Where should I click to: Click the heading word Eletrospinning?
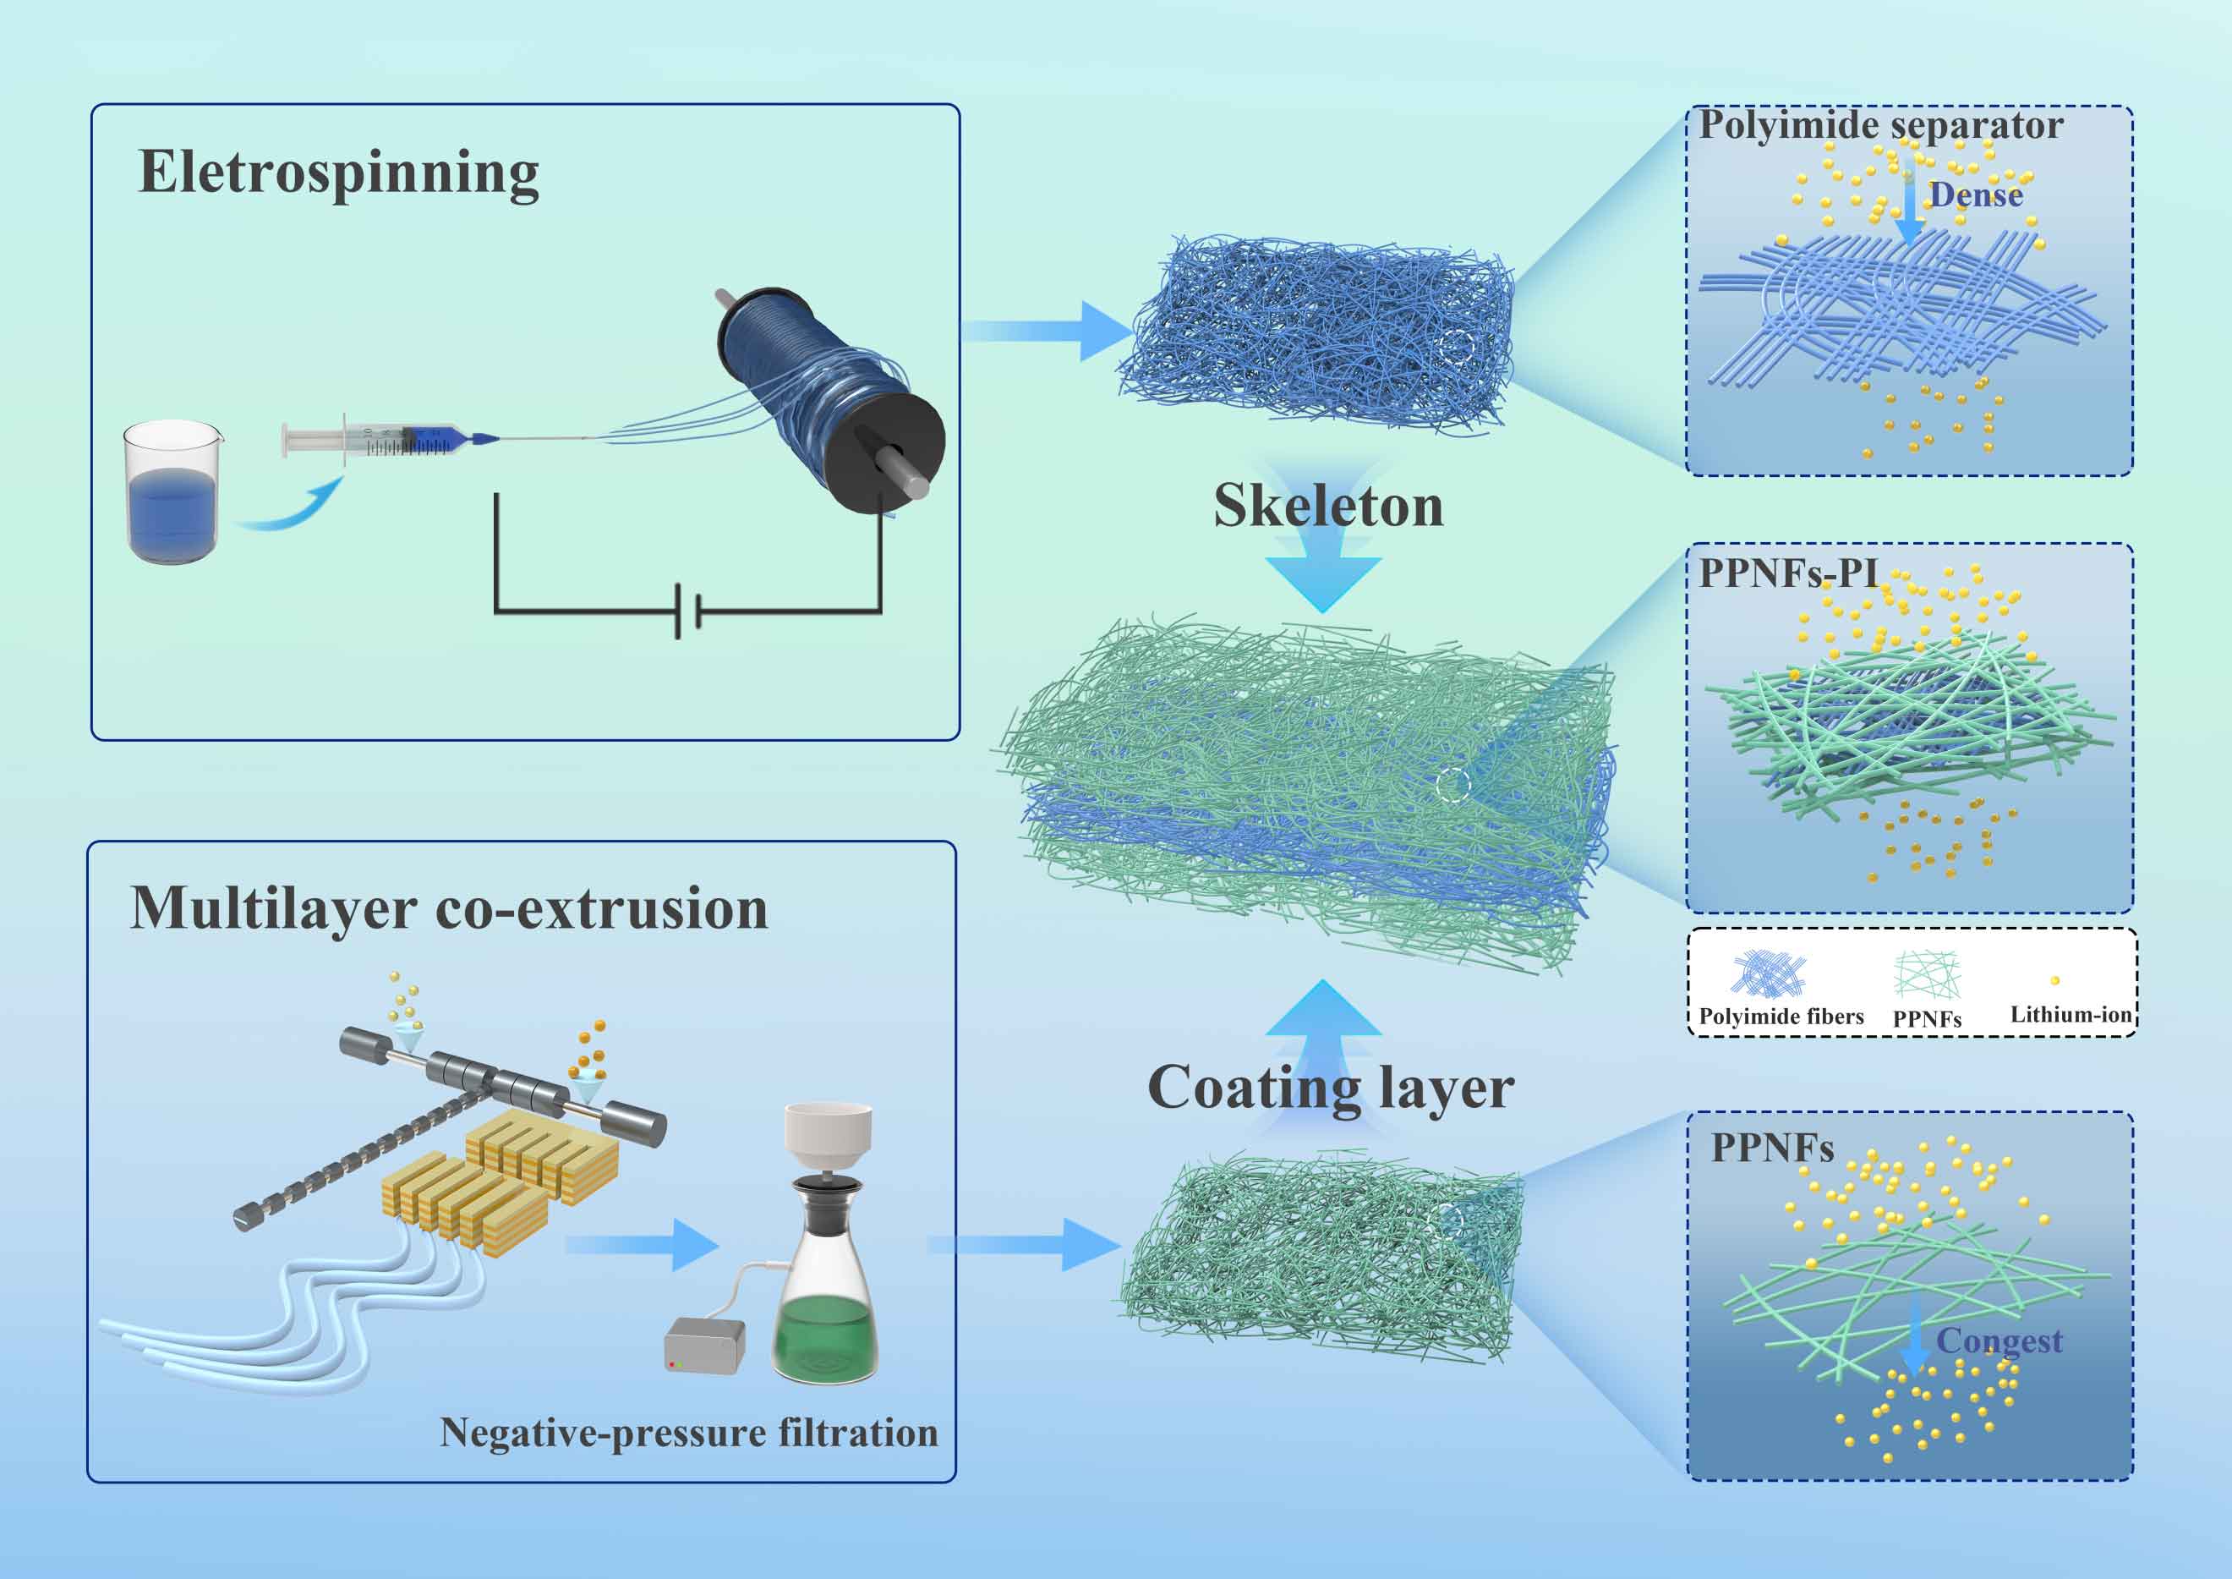tap(338, 173)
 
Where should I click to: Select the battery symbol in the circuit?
tap(688, 611)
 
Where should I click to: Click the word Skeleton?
tap(1328, 507)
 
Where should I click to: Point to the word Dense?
tap(1977, 195)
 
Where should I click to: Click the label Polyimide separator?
tap(1881, 125)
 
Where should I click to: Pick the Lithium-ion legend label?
tap(2071, 1015)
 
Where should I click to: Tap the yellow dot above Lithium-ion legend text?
tap(2055, 981)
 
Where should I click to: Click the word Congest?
tap(1999, 1341)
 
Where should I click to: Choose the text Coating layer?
tap(1331, 1087)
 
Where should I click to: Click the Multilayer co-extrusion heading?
tap(449, 909)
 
